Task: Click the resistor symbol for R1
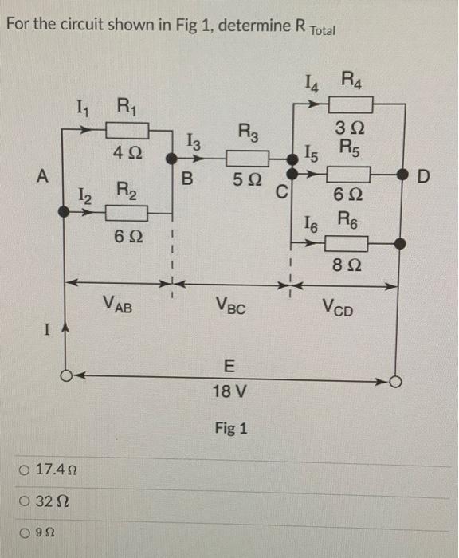(124, 128)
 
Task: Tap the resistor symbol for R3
(245, 156)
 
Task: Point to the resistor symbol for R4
(349, 103)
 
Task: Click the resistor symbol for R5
(347, 173)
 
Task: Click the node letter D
(423, 174)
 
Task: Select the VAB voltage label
(119, 304)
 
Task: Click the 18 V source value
(230, 392)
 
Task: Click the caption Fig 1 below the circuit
(231, 429)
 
